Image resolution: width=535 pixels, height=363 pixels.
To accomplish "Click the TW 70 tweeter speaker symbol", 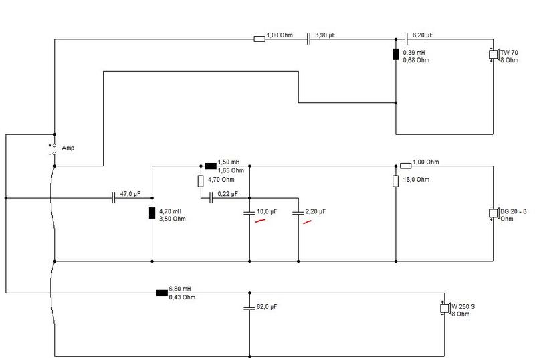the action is coord(494,55).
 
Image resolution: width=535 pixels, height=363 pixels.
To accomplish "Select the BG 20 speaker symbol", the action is coord(494,213).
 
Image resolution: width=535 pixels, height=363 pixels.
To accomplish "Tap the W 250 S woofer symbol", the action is coord(445,308).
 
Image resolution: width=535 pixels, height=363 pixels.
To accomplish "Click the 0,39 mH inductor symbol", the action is coord(396,55).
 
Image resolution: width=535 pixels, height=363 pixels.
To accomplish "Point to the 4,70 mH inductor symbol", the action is coord(152,213).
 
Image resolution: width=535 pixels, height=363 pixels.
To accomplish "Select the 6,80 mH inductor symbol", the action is coord(162,293).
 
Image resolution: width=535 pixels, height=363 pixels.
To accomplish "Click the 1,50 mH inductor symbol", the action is coord(211,166).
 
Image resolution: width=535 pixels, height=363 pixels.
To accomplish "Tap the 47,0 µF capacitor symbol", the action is coord(114,198).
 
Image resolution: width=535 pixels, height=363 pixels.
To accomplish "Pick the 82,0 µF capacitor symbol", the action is coord(249,308).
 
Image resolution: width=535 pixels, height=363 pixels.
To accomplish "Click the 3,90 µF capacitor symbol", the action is coord(308,39).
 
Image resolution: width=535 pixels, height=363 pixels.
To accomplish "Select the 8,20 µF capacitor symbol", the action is coord(406,39).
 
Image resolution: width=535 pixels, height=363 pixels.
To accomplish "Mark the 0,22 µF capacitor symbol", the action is coord(211,198).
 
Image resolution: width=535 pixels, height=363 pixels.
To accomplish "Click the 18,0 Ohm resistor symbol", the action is coord(396,181).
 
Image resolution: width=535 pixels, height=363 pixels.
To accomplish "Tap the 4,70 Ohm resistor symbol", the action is coord(201,181).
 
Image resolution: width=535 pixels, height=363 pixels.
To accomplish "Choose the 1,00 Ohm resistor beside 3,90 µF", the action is coord(259,39).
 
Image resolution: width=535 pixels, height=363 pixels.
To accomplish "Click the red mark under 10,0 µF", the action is coord(260,221).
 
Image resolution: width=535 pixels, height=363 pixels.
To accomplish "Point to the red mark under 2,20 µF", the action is coord(307,222).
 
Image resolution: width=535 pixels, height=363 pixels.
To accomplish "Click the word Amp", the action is coord(68,148).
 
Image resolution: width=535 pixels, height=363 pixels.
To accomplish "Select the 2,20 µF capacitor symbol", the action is coord(298,213).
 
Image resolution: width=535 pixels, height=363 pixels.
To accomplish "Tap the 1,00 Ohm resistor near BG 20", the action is coord(406,166).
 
